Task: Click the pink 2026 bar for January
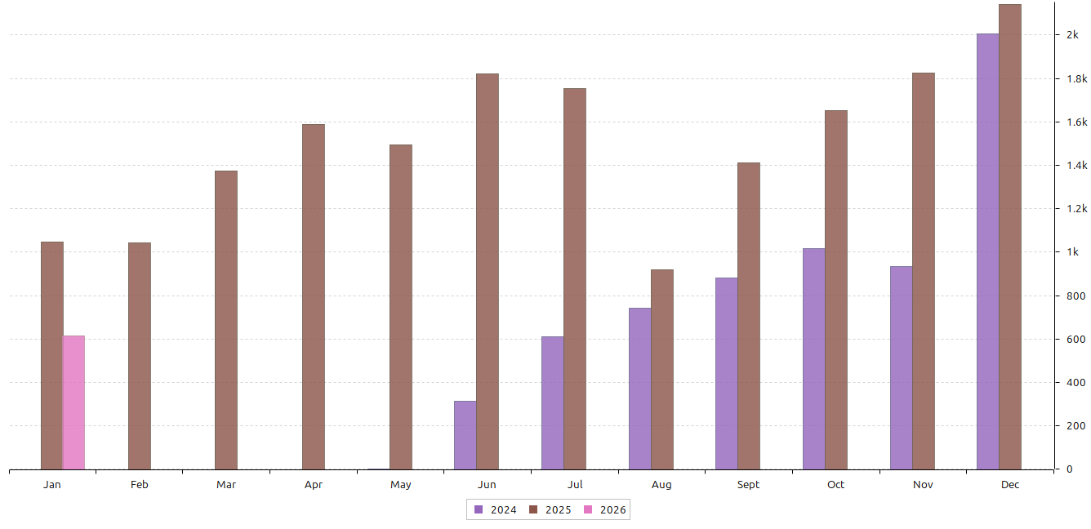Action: [73, 402]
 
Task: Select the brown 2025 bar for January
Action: [52, 355]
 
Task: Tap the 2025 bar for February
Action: [140, 356]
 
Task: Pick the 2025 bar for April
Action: [314, 296]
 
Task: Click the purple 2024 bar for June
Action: [465, 435]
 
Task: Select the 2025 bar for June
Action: [488, 271]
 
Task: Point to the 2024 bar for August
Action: [639, 389]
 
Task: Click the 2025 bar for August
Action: [662, 369]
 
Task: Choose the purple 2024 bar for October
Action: [813, 358]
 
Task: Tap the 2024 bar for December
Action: [988, 251]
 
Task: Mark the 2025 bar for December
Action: [1010, 237]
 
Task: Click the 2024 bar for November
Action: [901, 367]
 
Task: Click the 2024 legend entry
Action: [495, 510]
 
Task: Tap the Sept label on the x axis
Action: [748, 485]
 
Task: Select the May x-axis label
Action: [401, 485]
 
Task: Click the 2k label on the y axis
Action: [1071, 35]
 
